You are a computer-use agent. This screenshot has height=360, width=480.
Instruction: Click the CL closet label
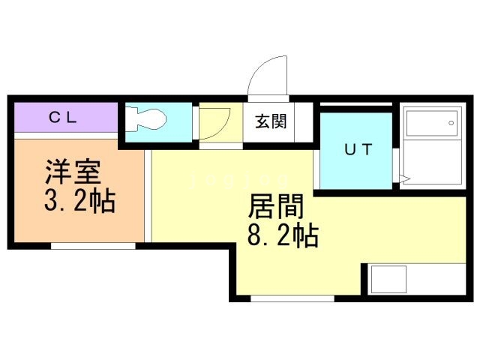coord(65,117)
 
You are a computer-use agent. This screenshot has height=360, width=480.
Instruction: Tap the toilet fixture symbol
coord(148,120)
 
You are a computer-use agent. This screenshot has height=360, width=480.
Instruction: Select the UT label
coord(357,149)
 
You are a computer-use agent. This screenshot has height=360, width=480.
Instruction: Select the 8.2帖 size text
coord(283,236)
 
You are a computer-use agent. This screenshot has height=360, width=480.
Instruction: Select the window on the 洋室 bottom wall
coord(94,244)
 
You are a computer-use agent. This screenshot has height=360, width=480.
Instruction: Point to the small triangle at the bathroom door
coord(403,179)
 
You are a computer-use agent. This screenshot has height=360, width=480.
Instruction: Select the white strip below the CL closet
coord(65,136)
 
